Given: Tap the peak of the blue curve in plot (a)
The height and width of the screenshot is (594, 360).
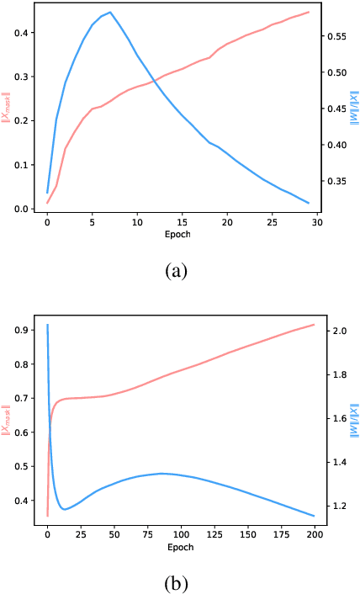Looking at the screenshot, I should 110,13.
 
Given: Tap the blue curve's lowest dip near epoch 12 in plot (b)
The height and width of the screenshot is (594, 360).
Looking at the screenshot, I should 64,509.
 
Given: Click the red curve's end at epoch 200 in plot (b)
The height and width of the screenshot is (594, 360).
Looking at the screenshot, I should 314,325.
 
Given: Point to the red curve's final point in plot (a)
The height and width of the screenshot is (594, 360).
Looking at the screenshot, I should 310,13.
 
